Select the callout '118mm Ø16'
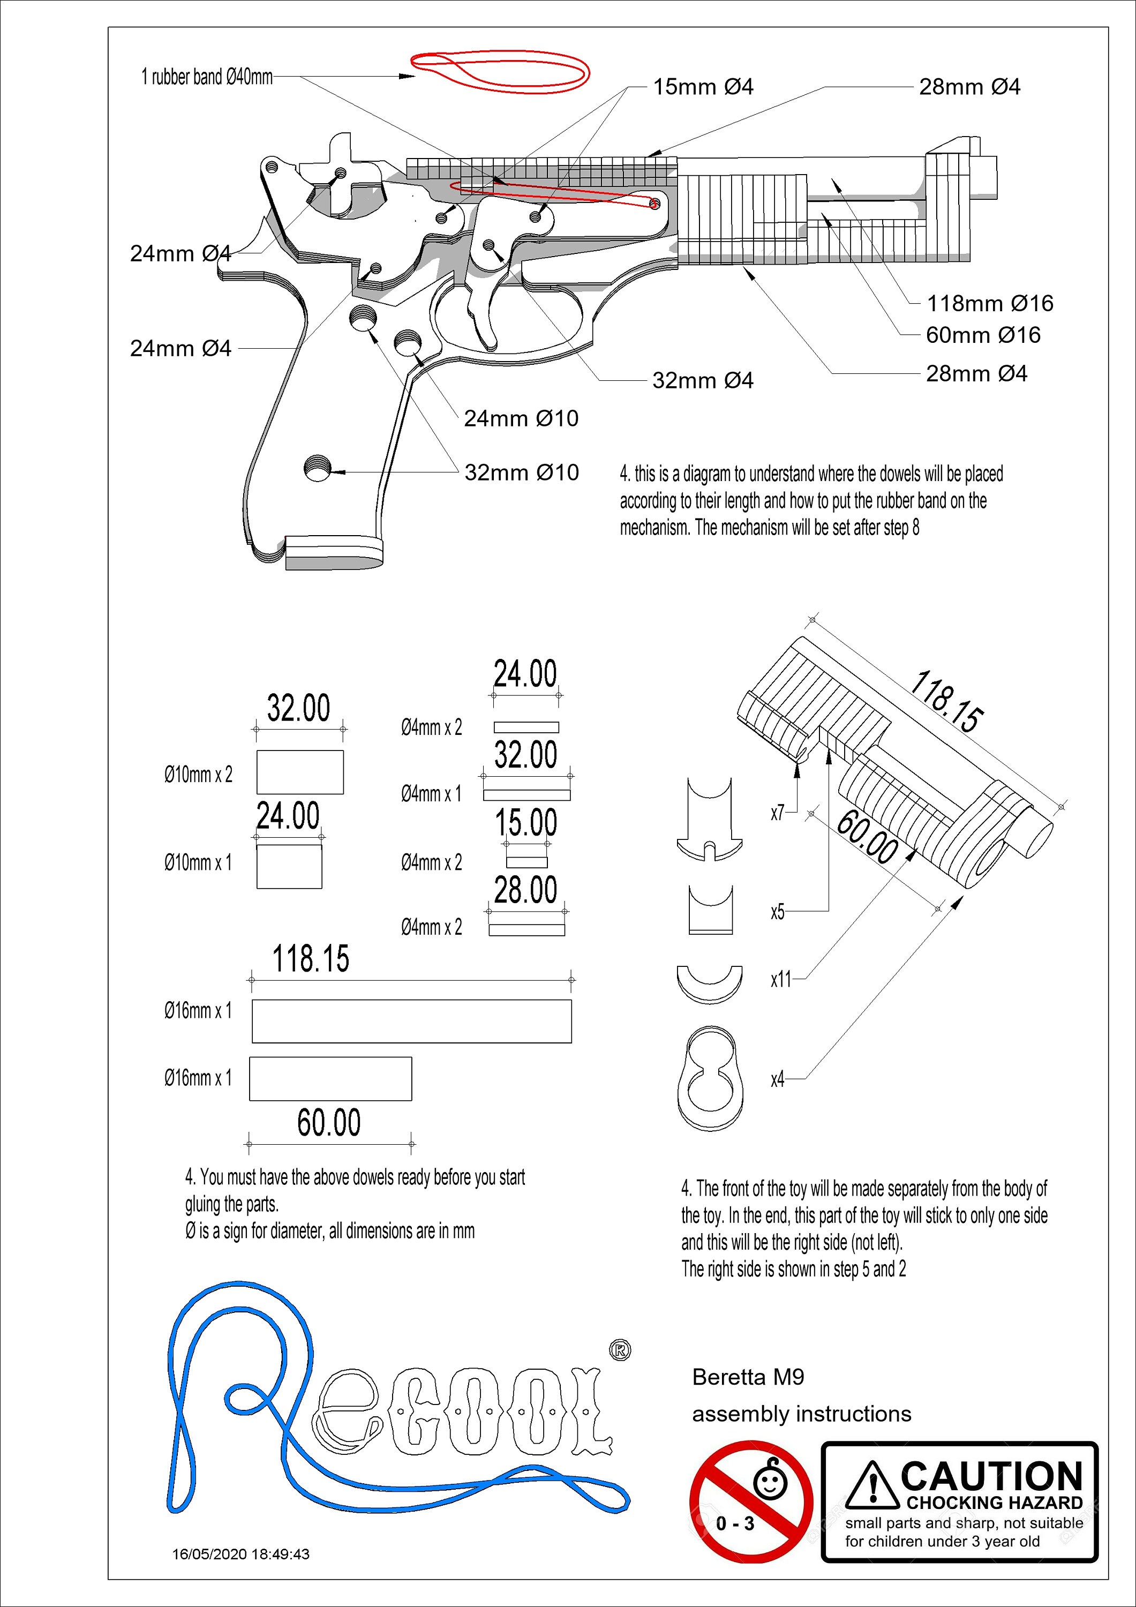coord(990,303)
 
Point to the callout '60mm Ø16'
coord(983,335)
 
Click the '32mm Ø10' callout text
coord(522,472)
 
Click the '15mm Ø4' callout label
coord(703,87)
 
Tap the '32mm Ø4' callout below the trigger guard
coord(703,381)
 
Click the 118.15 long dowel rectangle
coord(411,1021)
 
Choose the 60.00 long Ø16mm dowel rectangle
coord(330,1079)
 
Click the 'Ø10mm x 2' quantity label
coord(198,775)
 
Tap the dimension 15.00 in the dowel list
coord(525,822)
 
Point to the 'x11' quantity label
coord(780,979)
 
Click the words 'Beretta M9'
coord(748,1377)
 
